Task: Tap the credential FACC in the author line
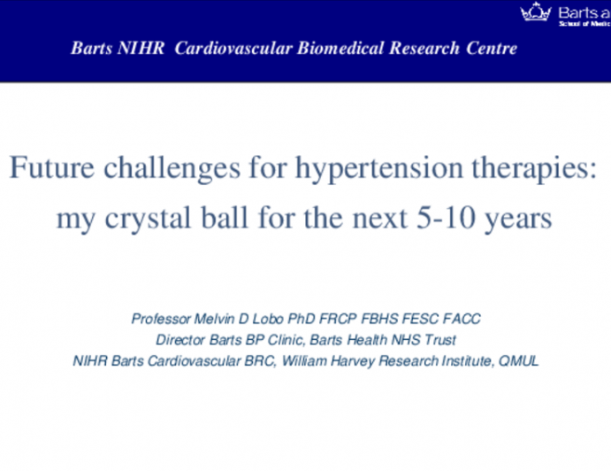(x=461, y=318)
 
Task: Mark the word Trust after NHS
(x=439, y=339)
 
